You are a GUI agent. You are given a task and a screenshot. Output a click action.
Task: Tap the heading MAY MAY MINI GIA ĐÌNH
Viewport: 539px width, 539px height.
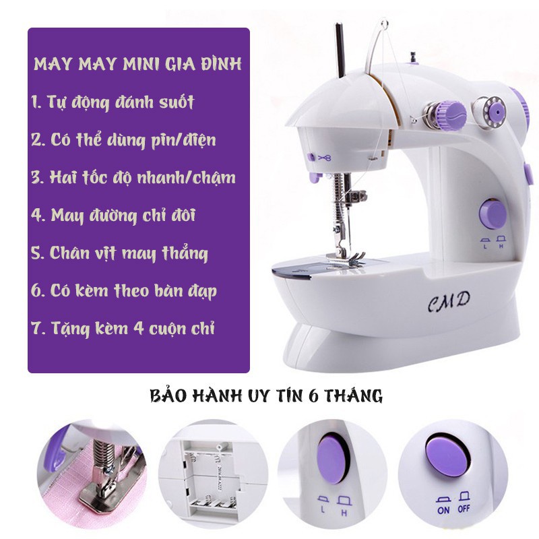[137, 63]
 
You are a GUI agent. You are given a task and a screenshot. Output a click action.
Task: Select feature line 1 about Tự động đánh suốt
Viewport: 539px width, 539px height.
[113, 102]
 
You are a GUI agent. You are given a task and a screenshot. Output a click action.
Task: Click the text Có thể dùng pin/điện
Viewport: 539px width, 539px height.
[124, 140]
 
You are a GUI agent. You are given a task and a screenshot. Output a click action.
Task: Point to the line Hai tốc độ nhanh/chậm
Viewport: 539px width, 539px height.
[133, 178]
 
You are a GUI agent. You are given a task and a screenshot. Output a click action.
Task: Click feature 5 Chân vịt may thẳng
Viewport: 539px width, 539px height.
[119, 253]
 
